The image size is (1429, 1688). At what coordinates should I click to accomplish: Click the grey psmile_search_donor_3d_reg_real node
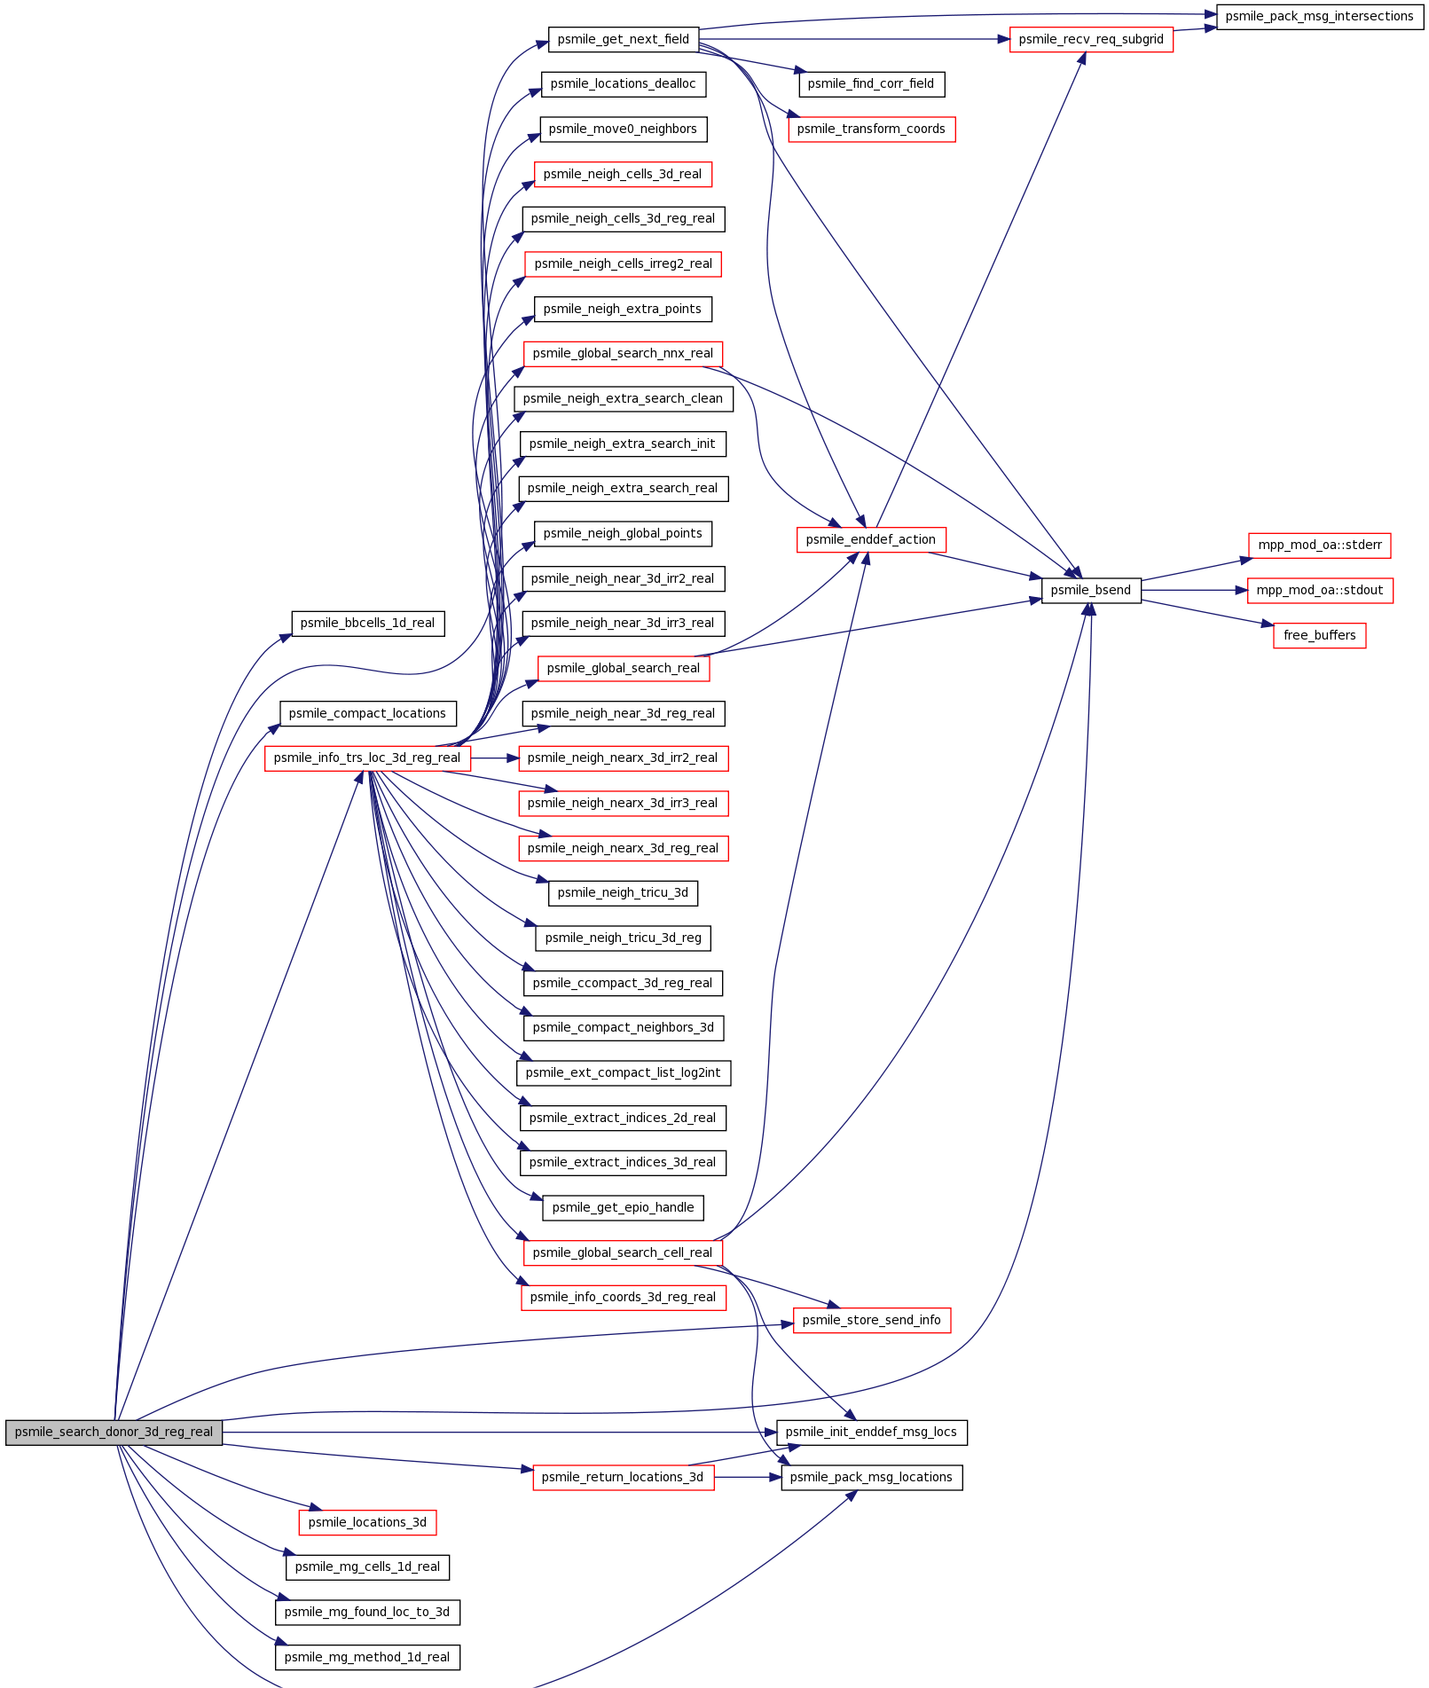pos(114,1433)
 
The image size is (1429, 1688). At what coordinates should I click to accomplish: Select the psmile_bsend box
pos(1091,591)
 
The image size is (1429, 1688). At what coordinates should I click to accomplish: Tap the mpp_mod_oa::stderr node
pos(1319,546)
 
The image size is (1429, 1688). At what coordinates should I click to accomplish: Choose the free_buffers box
pos(1319,636)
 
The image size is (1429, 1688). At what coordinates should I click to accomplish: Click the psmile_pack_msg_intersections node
pos(1319,17)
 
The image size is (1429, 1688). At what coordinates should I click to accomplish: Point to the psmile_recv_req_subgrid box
pos(1091,40)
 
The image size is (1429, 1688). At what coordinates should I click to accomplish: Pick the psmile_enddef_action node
pos(871,540)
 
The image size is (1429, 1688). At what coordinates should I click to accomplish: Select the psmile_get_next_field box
pos(624,40)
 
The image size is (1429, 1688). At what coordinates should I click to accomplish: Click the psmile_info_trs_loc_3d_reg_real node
pos(367,758)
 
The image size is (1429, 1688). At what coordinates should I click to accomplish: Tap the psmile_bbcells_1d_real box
pos(367,624)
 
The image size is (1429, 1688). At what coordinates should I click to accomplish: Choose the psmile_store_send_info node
pos(871,1321)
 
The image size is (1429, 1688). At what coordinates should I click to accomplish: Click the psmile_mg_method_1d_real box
pos(367,1658)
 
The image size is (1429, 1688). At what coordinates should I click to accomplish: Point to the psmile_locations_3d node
pos(367,1523)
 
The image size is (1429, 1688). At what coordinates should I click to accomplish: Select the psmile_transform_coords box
pos(871,130)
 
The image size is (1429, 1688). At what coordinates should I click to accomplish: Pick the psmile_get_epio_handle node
pos(624,1208)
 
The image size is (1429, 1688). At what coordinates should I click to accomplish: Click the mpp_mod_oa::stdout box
pos(1319,591)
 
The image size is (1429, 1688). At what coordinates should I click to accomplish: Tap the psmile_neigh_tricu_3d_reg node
pos(624,938)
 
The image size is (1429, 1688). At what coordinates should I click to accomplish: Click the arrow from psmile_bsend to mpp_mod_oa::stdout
pos(1194,591)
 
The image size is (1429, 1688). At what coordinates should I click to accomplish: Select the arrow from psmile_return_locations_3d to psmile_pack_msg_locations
pos(748,1478)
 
